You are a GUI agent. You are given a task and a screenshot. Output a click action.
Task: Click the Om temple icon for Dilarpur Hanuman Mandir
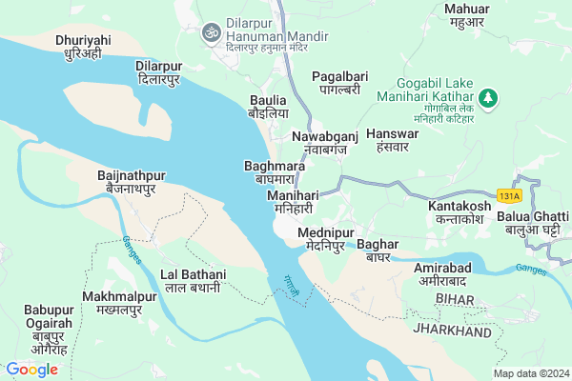[214, 32]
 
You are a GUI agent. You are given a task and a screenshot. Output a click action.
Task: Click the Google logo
[31, 369]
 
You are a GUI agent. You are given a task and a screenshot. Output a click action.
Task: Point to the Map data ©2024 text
[530, 372]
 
